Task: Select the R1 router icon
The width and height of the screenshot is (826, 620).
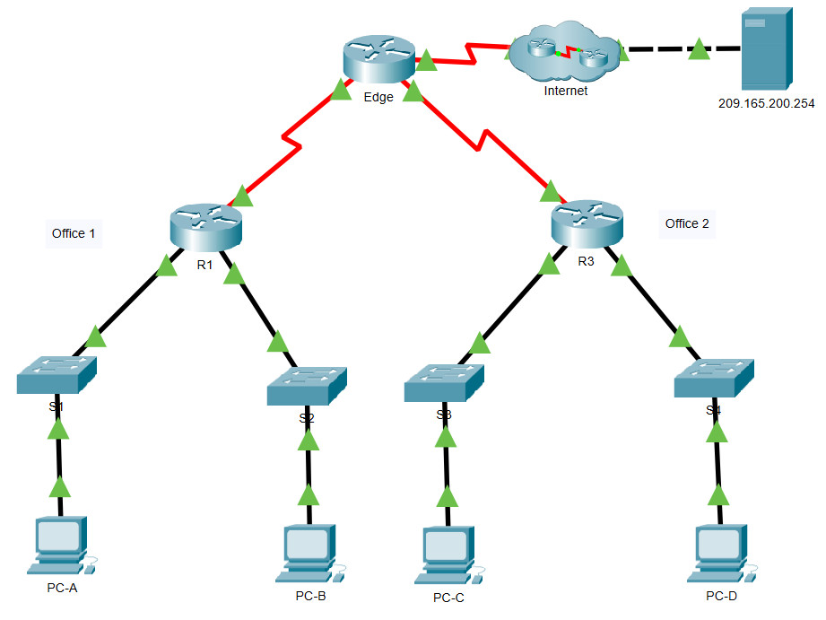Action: point(205,226)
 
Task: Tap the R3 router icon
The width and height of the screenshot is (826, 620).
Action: point(587,223)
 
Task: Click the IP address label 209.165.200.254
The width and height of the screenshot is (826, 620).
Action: point(766,103)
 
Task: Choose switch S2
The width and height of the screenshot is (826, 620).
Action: point(307,387)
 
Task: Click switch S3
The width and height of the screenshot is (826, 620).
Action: point(444,384)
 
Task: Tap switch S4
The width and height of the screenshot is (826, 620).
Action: point(714,380)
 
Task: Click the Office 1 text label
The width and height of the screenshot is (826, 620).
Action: point(74,233)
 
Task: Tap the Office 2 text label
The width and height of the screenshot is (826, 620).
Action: point(687,223)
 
